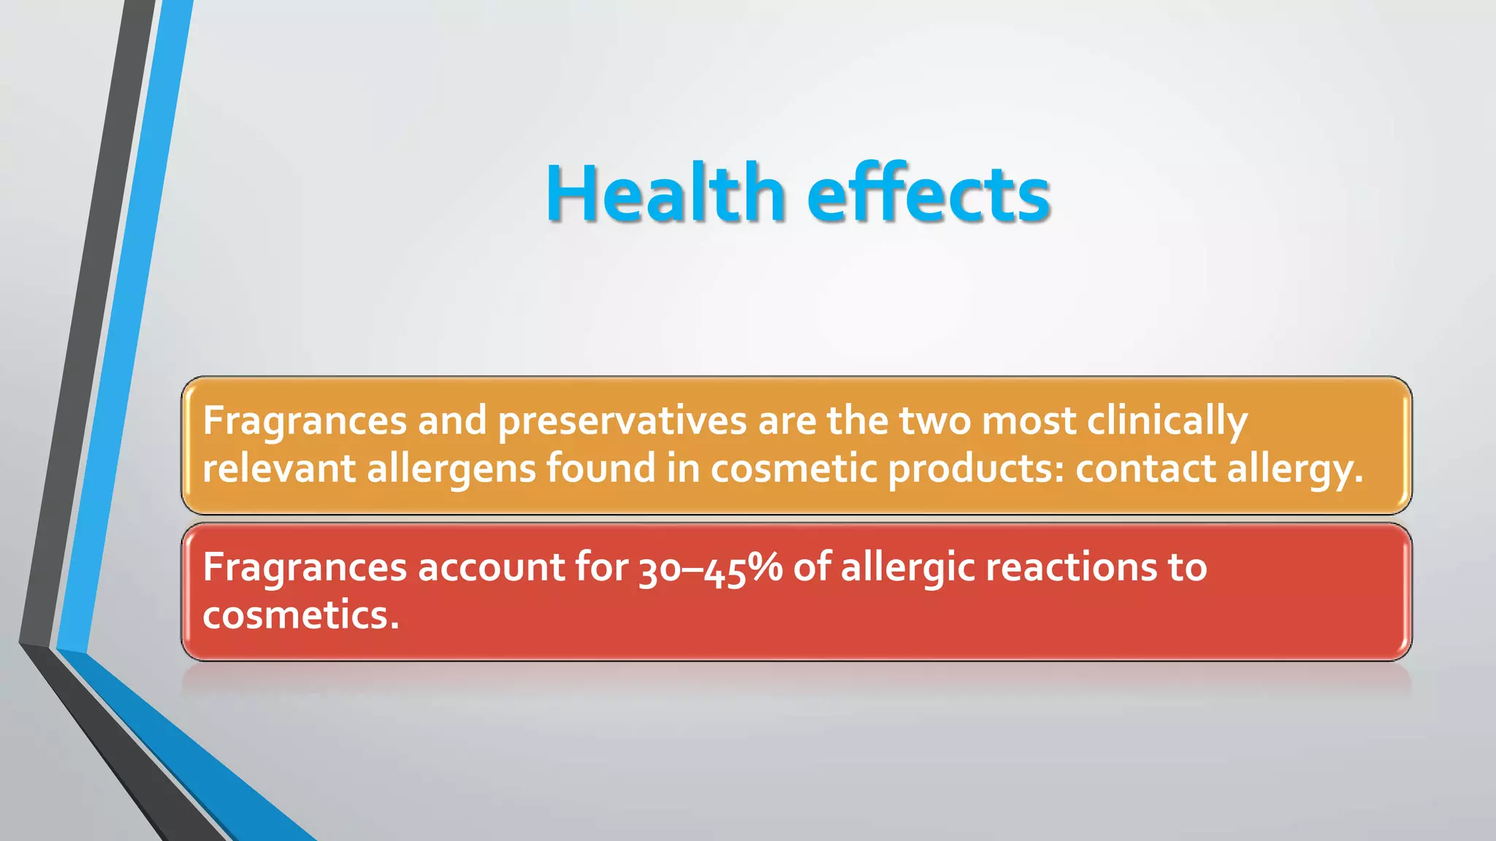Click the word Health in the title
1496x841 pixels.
click(665, 193)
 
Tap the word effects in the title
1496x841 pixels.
click(928, 193)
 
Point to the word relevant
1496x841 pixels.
click(278, 468)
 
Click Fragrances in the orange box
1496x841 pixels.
click(305, 421)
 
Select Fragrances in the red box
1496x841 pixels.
click(305, 567)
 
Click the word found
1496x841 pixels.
click(600, 468)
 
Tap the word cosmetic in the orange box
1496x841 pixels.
click(793, 468)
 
